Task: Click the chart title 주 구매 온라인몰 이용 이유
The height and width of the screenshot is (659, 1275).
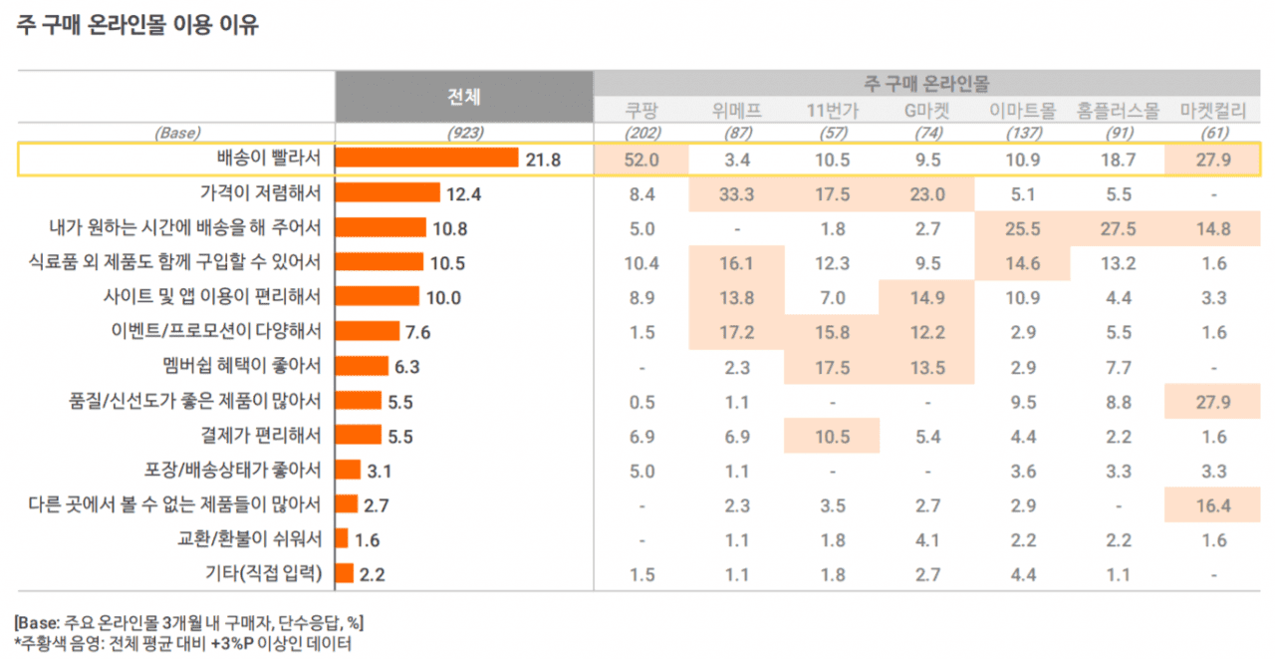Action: coord(137,26)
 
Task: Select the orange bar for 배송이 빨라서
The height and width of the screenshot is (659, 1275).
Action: coord(427,159)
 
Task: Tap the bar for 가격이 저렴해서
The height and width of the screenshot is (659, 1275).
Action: coord(388,192)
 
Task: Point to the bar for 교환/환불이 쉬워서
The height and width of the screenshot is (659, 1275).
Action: coord(342,539)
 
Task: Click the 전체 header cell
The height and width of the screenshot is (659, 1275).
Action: coord(464,97)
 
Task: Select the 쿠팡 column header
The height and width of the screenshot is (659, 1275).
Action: coord(642,111)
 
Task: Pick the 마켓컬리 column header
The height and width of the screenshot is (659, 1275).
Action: coord(1212,111)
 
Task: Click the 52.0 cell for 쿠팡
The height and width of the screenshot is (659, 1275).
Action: coord(642,159)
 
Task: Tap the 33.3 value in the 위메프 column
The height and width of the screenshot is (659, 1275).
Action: coord(737,193)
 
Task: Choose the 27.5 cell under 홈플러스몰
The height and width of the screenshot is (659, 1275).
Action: coord(1118,228)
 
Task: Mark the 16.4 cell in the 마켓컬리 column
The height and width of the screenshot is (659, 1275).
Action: coord(1212,505)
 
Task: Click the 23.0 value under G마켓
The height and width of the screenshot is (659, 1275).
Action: coord(926,193)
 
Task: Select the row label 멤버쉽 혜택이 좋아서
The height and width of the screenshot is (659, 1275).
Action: coord(241,366)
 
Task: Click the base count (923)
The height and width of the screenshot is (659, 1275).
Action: coord(464,132)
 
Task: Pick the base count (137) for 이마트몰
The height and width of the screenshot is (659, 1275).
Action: coord(1022,132)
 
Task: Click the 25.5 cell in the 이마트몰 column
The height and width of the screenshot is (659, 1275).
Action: coord(1022,228)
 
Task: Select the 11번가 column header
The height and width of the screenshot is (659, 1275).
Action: coord(832,111)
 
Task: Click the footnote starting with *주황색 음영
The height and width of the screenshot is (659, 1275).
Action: coord(183,643)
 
